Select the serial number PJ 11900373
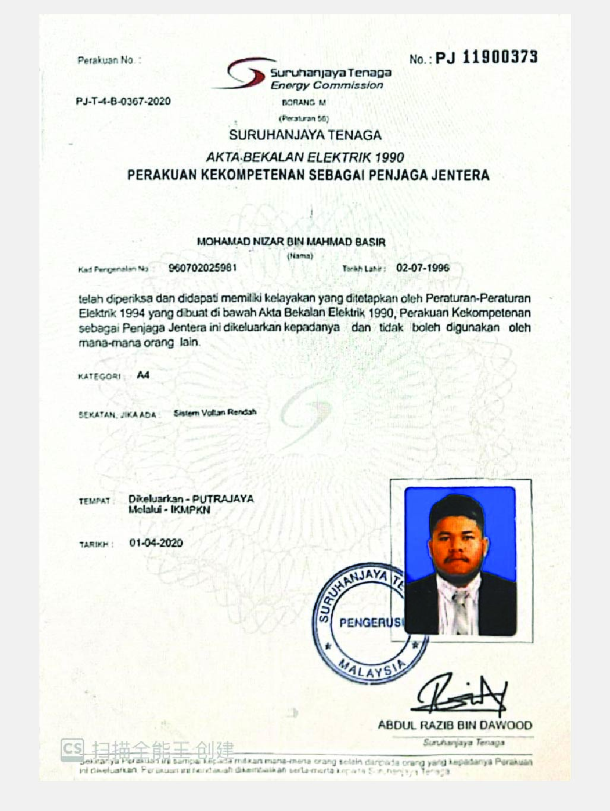(x=486, y=57)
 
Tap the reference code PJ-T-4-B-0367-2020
(x=123, y=101)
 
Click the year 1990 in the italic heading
(x=388, y=157)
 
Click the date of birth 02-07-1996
(x=423, y=268)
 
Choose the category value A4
(x=143, y=375)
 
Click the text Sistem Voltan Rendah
(x=215, y=412)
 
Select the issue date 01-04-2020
(x=156, y=543)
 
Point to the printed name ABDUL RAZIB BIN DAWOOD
(x=455, y=725)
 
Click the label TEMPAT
(x=95, y=501)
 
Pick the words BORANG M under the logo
(x=304, y=103)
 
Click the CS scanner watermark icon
(x=72, y=749)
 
